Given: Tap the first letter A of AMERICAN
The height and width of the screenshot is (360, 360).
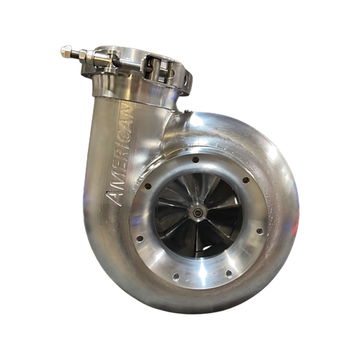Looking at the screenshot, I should click(x=113, y=199).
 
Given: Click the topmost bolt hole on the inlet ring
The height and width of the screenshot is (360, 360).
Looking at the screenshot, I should click(x=195, y=159).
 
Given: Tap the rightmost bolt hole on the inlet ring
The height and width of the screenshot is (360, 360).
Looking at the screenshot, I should click(x=258, y=231).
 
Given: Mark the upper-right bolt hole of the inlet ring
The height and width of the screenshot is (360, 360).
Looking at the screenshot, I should click(x=246, y=180).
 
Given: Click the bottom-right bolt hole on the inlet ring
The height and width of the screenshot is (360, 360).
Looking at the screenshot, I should click(x=228, y=274).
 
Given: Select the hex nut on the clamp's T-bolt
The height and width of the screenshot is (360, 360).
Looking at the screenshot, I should click(x=80, y=55).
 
